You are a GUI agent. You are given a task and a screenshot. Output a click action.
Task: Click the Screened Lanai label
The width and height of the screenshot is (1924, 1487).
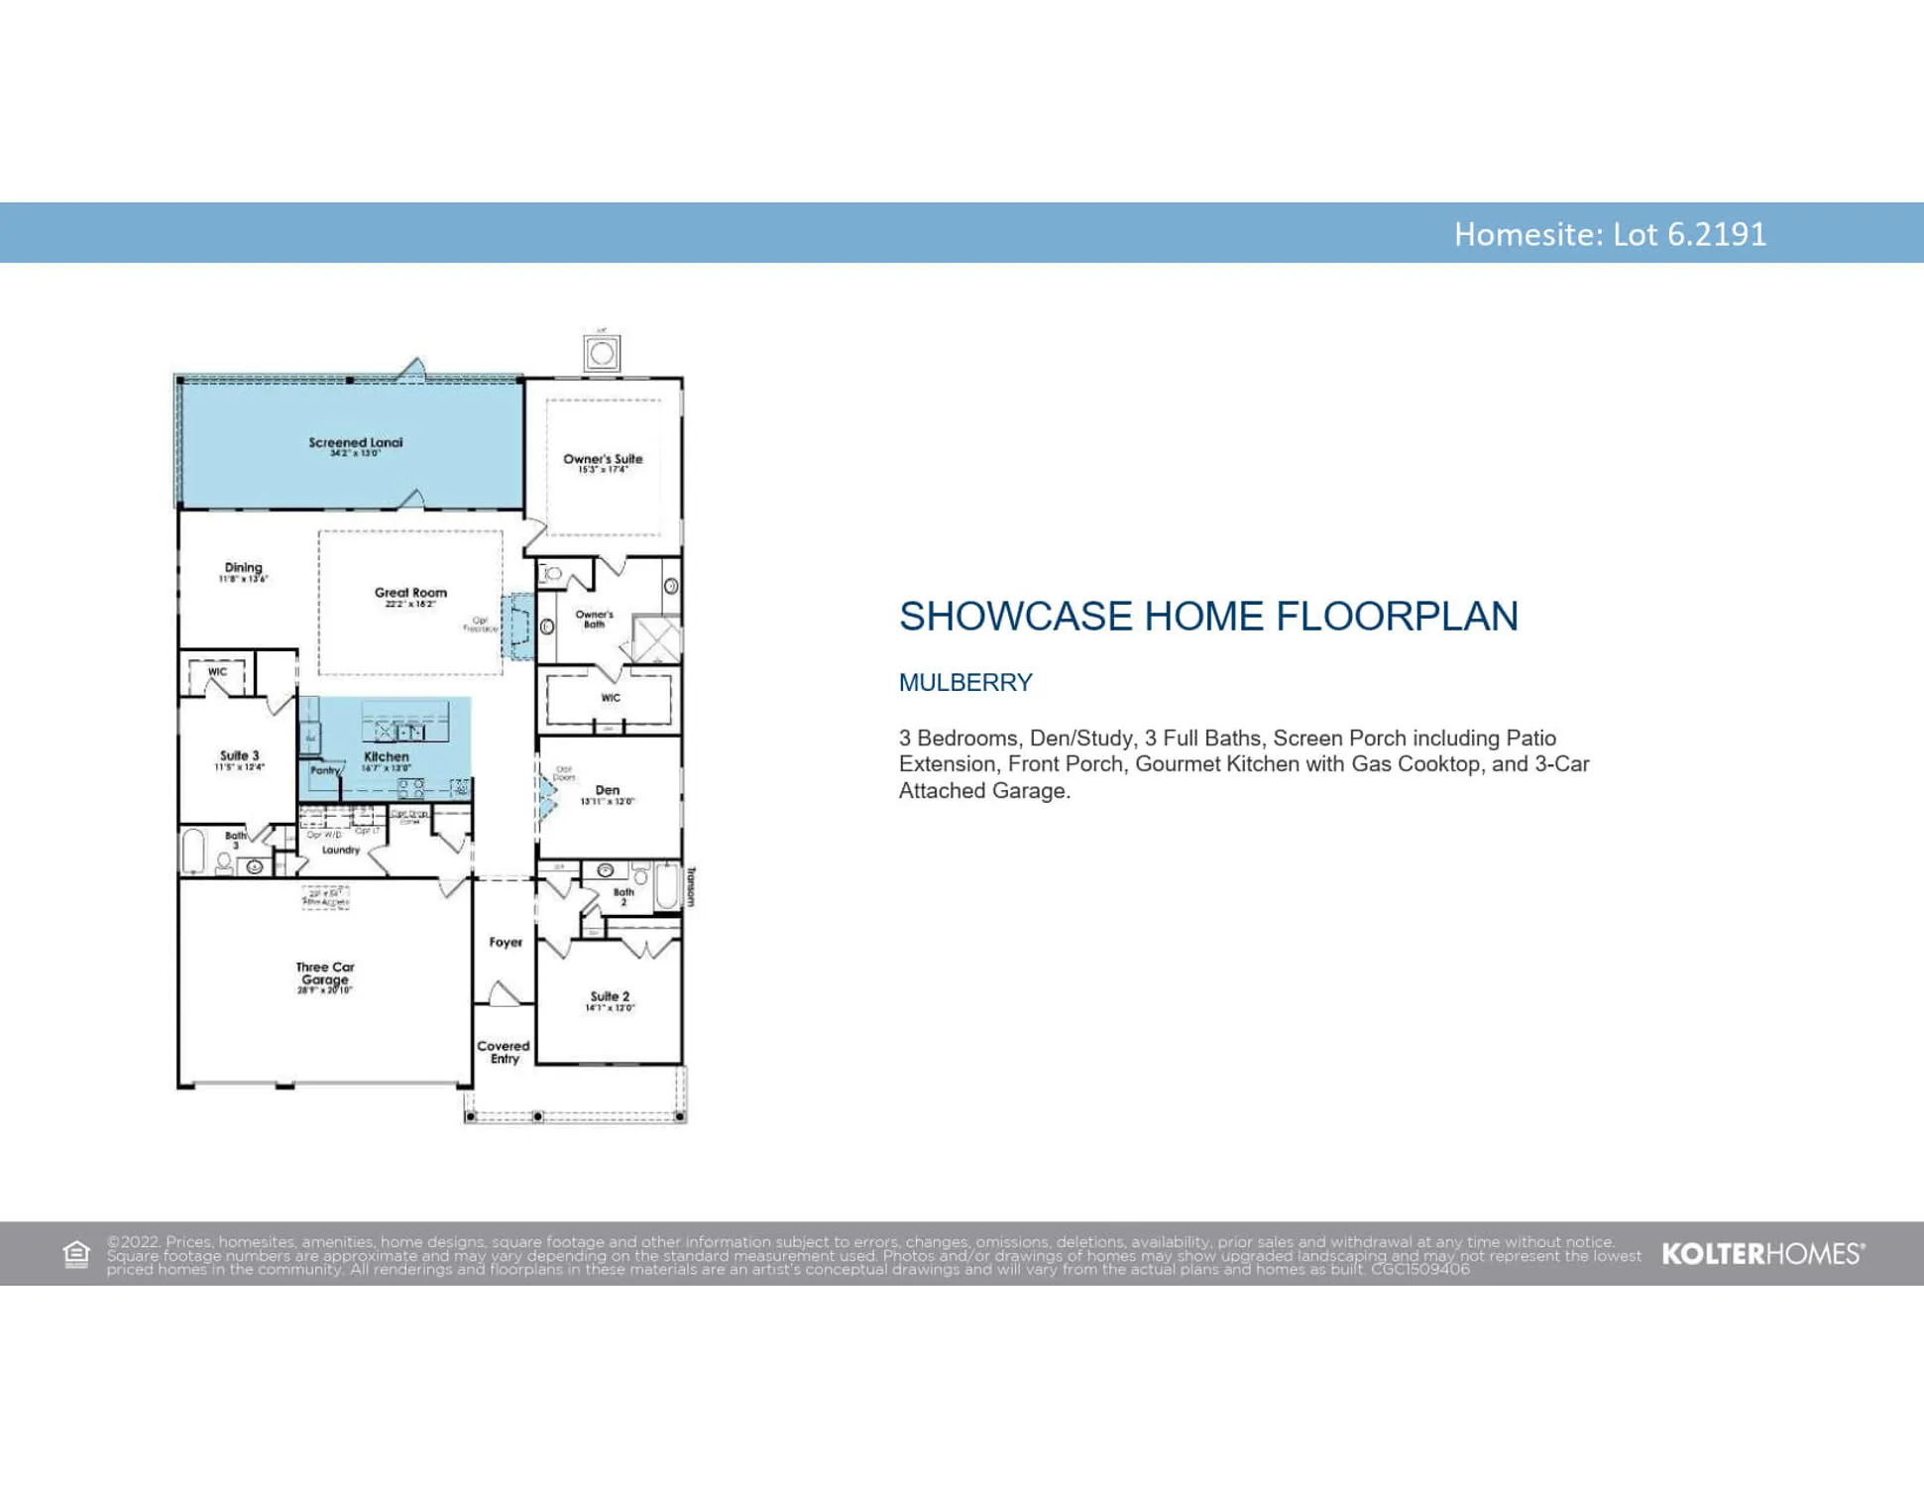coord(355,443)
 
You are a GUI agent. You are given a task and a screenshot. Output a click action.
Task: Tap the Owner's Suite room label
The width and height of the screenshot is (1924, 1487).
coord(603,459)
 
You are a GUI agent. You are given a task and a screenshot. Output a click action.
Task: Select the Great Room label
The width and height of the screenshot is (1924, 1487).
coord(410,593)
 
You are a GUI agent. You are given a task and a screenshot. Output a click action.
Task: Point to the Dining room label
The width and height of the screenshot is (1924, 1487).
coord(243,568)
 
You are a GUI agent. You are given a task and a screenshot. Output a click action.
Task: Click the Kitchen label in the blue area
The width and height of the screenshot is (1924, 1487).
coord(386,756)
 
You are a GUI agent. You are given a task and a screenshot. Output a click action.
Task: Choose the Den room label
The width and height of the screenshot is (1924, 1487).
coord(607,790)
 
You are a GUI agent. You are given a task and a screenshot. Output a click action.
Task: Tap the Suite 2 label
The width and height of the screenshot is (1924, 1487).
coord(610,996)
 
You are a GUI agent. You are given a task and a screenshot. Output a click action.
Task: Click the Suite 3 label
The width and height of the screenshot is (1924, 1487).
coord(239,755)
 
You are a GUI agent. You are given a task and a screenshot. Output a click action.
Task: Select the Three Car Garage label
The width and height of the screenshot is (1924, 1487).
coord(324,972)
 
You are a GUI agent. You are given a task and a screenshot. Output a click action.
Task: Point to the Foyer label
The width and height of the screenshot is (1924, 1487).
coord(506,942)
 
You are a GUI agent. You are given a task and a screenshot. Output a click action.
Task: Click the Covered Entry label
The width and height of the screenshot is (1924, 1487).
coord(504,1052)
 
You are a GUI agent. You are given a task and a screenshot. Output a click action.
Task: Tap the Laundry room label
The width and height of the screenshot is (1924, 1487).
coord(340,850)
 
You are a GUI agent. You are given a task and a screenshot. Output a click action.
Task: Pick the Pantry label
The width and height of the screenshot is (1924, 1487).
coord(324,770)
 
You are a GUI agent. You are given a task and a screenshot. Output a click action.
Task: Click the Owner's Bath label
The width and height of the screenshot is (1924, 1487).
coord(594,619)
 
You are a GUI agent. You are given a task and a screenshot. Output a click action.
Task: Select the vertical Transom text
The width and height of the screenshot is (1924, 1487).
coord(691,885)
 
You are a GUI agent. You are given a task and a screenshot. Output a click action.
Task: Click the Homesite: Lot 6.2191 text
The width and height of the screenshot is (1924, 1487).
coord(1609,234)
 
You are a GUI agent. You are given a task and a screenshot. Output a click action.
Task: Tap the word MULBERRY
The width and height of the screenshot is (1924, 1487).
coord(964,682)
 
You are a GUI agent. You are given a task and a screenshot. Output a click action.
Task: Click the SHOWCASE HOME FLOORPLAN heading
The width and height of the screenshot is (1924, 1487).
coord(1207,616)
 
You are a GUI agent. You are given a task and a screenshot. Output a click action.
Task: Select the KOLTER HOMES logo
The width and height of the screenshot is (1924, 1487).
coord(1762,1253)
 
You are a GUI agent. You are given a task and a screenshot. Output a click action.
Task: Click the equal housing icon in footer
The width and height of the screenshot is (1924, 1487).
coord(76,1254)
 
